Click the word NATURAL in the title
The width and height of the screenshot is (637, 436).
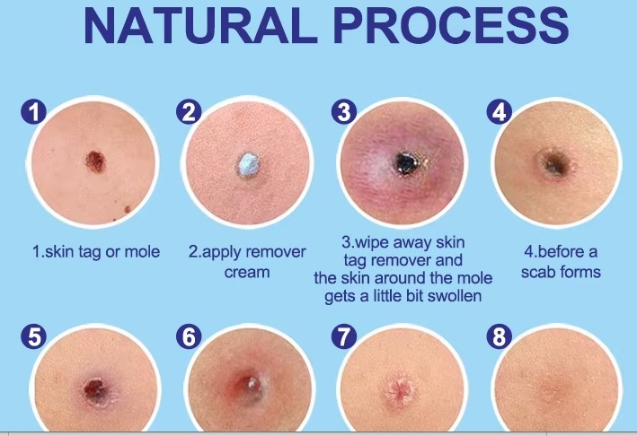pos(201,25)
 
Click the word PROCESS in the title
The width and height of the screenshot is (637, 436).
pos(453,25)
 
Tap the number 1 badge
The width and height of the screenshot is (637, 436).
pos(34,111)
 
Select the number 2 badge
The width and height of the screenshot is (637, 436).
pos(189,111)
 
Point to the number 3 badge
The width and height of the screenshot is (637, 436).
pos(344,111)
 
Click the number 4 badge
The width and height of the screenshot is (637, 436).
pos(500,111)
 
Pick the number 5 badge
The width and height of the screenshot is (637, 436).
pos(34,336)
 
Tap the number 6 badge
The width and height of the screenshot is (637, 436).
pos(189,336)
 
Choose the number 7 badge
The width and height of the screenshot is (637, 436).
pos(344,336)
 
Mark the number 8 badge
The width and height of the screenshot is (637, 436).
pos(500,336)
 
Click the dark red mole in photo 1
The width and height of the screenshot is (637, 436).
pos(95,161)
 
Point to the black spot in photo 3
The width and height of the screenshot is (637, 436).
pos(405,163)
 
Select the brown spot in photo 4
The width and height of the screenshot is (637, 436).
pos(555,163)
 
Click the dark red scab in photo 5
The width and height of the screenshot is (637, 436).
pos(95,389)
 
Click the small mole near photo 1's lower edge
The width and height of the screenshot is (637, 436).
pos(128,209)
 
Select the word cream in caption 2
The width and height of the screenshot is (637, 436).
pos(247,272)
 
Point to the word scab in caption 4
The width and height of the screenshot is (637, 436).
pos(539,272)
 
